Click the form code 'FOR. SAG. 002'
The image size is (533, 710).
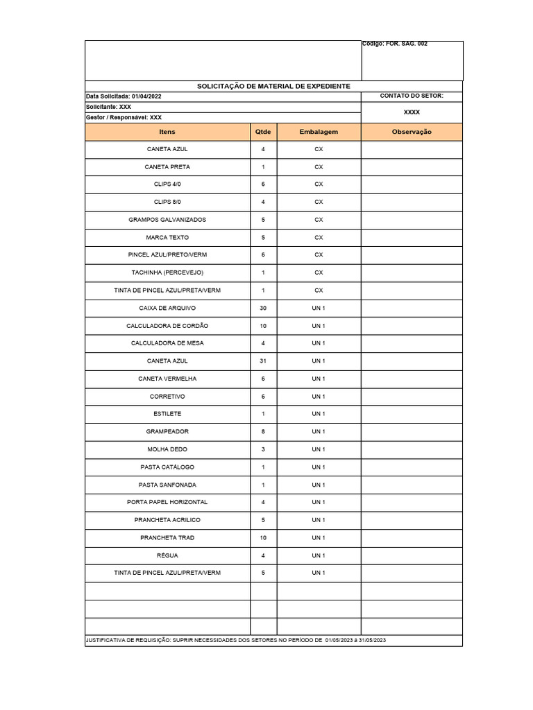click(x=406, y=44)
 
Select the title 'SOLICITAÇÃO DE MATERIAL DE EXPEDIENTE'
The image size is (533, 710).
click(x=273, y=86)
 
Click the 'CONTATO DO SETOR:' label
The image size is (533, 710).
click(x=412, y=96)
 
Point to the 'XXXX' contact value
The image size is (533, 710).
click(x=412, y=112)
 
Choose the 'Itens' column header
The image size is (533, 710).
click(x=167, y=132)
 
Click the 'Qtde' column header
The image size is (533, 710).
click(x=263, y=132)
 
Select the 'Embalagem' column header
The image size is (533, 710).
click(x=319, y=132)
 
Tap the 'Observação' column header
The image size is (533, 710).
click(x=412, y=132)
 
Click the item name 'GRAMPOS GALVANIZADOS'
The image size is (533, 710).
click(x=167, y=220)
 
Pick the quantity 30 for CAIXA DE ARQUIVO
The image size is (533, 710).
click(x=263, y=308)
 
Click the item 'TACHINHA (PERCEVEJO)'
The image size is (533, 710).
click(x=167, y=272)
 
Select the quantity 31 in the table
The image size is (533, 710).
click(x=263, y=361)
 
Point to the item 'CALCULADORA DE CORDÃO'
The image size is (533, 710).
click(x=167, y=326)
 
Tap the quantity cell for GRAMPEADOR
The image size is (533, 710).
click(x=263, y=431)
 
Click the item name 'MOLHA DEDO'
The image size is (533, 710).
click(x=167, y=449)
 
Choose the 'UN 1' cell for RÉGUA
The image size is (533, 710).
click(x=319, y=555)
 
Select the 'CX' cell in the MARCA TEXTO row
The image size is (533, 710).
click(x=319, y=237)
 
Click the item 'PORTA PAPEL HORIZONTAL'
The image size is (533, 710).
click(x=167, y=502)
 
